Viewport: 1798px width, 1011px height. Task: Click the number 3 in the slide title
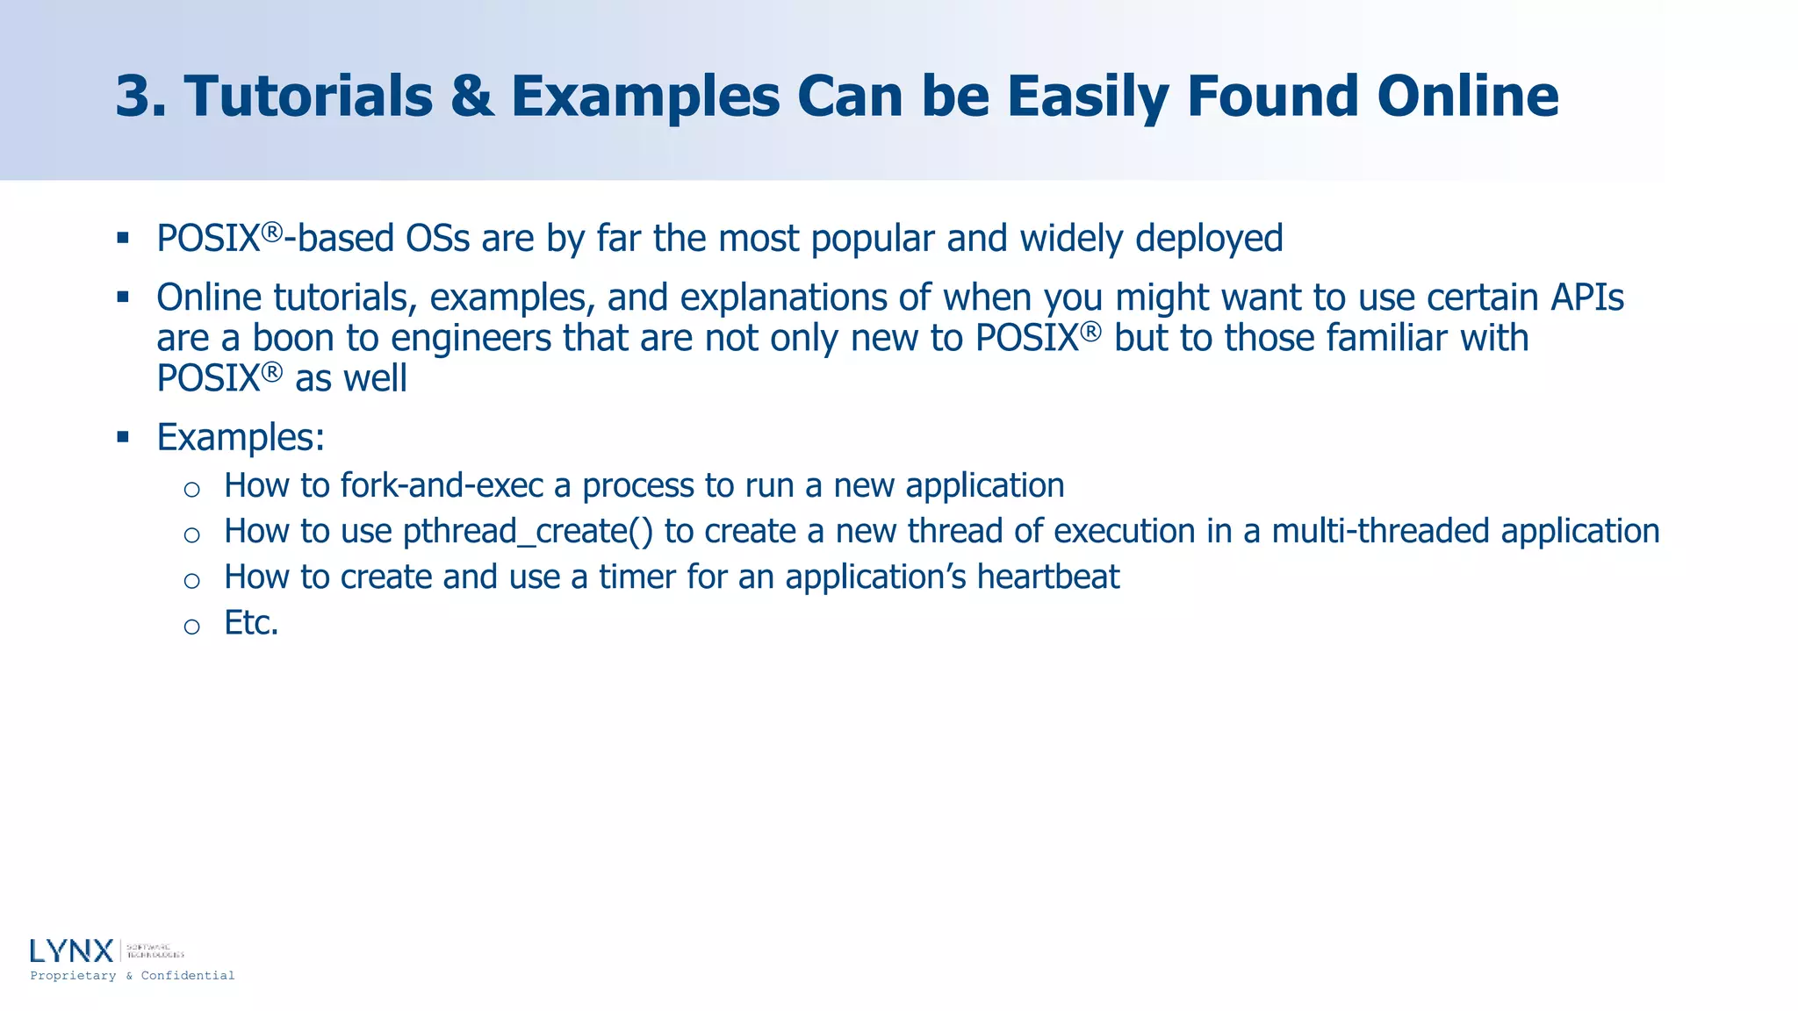coord(139,96)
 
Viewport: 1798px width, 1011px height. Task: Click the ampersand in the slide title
coord(471,96)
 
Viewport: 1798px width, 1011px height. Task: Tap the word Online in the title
coord(1467,96)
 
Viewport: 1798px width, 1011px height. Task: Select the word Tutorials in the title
coord(308,96)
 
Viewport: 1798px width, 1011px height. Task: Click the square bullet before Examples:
coord(123,436)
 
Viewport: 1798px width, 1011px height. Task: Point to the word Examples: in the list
coord(241,437)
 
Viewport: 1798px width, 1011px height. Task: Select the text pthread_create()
coord(528,532)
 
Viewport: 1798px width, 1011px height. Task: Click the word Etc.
coord(251,623)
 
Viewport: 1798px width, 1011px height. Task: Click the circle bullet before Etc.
coord(192,626)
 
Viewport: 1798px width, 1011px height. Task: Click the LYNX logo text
coord(72,950)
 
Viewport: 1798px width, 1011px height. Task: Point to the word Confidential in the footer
coord(188,976)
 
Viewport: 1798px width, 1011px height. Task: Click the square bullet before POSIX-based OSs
coord(123,238)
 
